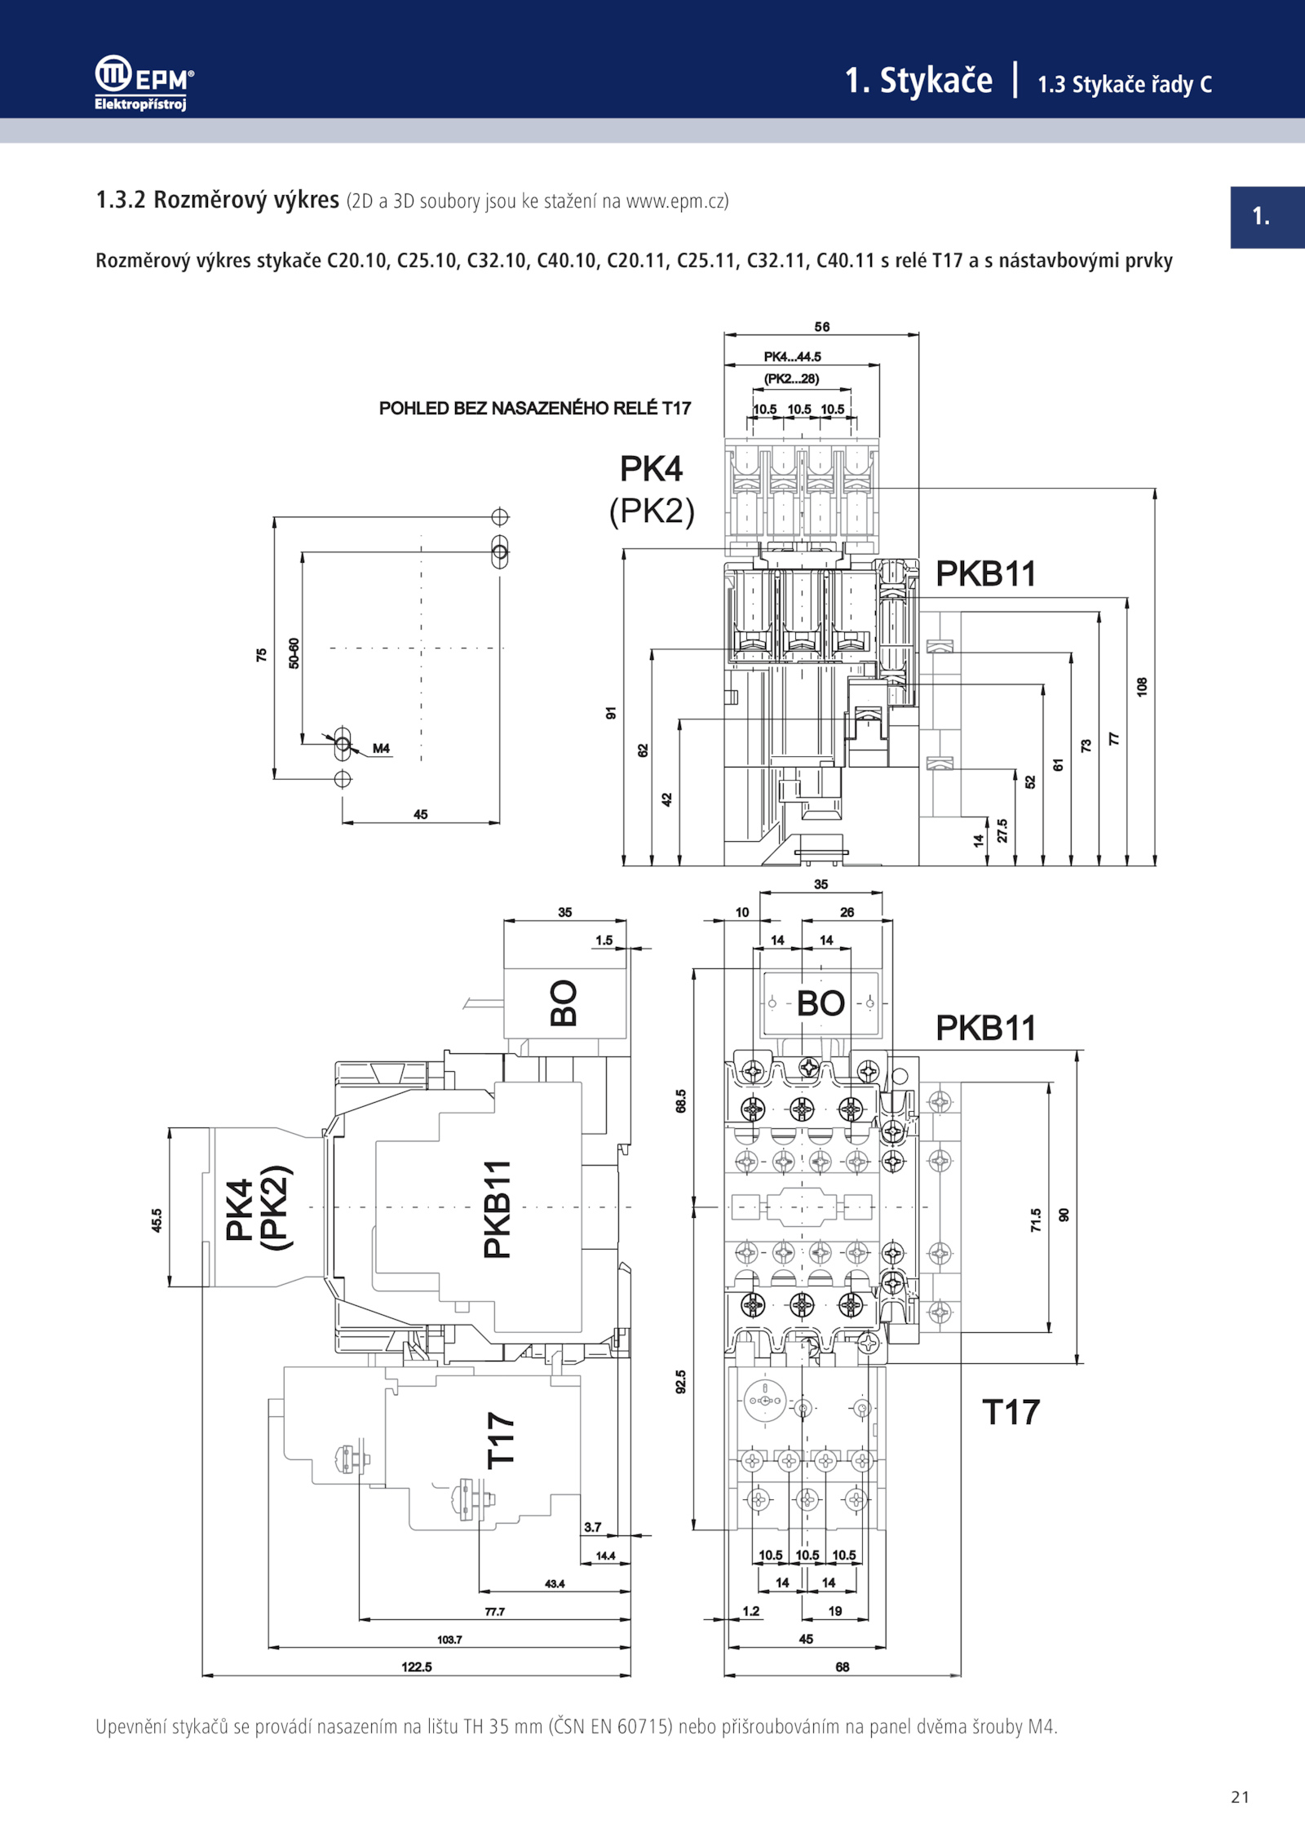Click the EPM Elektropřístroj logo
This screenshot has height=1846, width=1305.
coord(144,82)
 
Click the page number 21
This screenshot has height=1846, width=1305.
coord(1240,1796)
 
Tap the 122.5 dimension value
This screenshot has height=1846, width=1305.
coord(417,1667)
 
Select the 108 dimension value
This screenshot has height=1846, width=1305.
coord(1142,686)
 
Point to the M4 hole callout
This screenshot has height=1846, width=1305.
coord(381,748)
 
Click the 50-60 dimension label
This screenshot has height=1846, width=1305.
coord(294,653)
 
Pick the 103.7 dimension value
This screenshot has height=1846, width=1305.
coord(449,1639)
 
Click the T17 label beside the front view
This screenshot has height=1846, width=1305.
coord(1011,1412)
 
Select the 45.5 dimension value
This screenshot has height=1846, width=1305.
coord(157,1220)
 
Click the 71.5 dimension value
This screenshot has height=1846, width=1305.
coord(1036,1220)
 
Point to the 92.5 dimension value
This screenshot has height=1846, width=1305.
coord(681,1382)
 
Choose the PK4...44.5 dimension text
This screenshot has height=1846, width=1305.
coord(792,356)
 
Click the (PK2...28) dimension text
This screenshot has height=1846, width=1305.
coord(791,378)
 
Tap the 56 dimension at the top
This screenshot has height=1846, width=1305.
coord(822,326)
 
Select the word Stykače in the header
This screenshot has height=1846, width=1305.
coord(936,80)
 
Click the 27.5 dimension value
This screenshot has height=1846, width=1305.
coord(1002,830)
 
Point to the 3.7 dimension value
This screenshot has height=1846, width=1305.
coord(593,1527)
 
